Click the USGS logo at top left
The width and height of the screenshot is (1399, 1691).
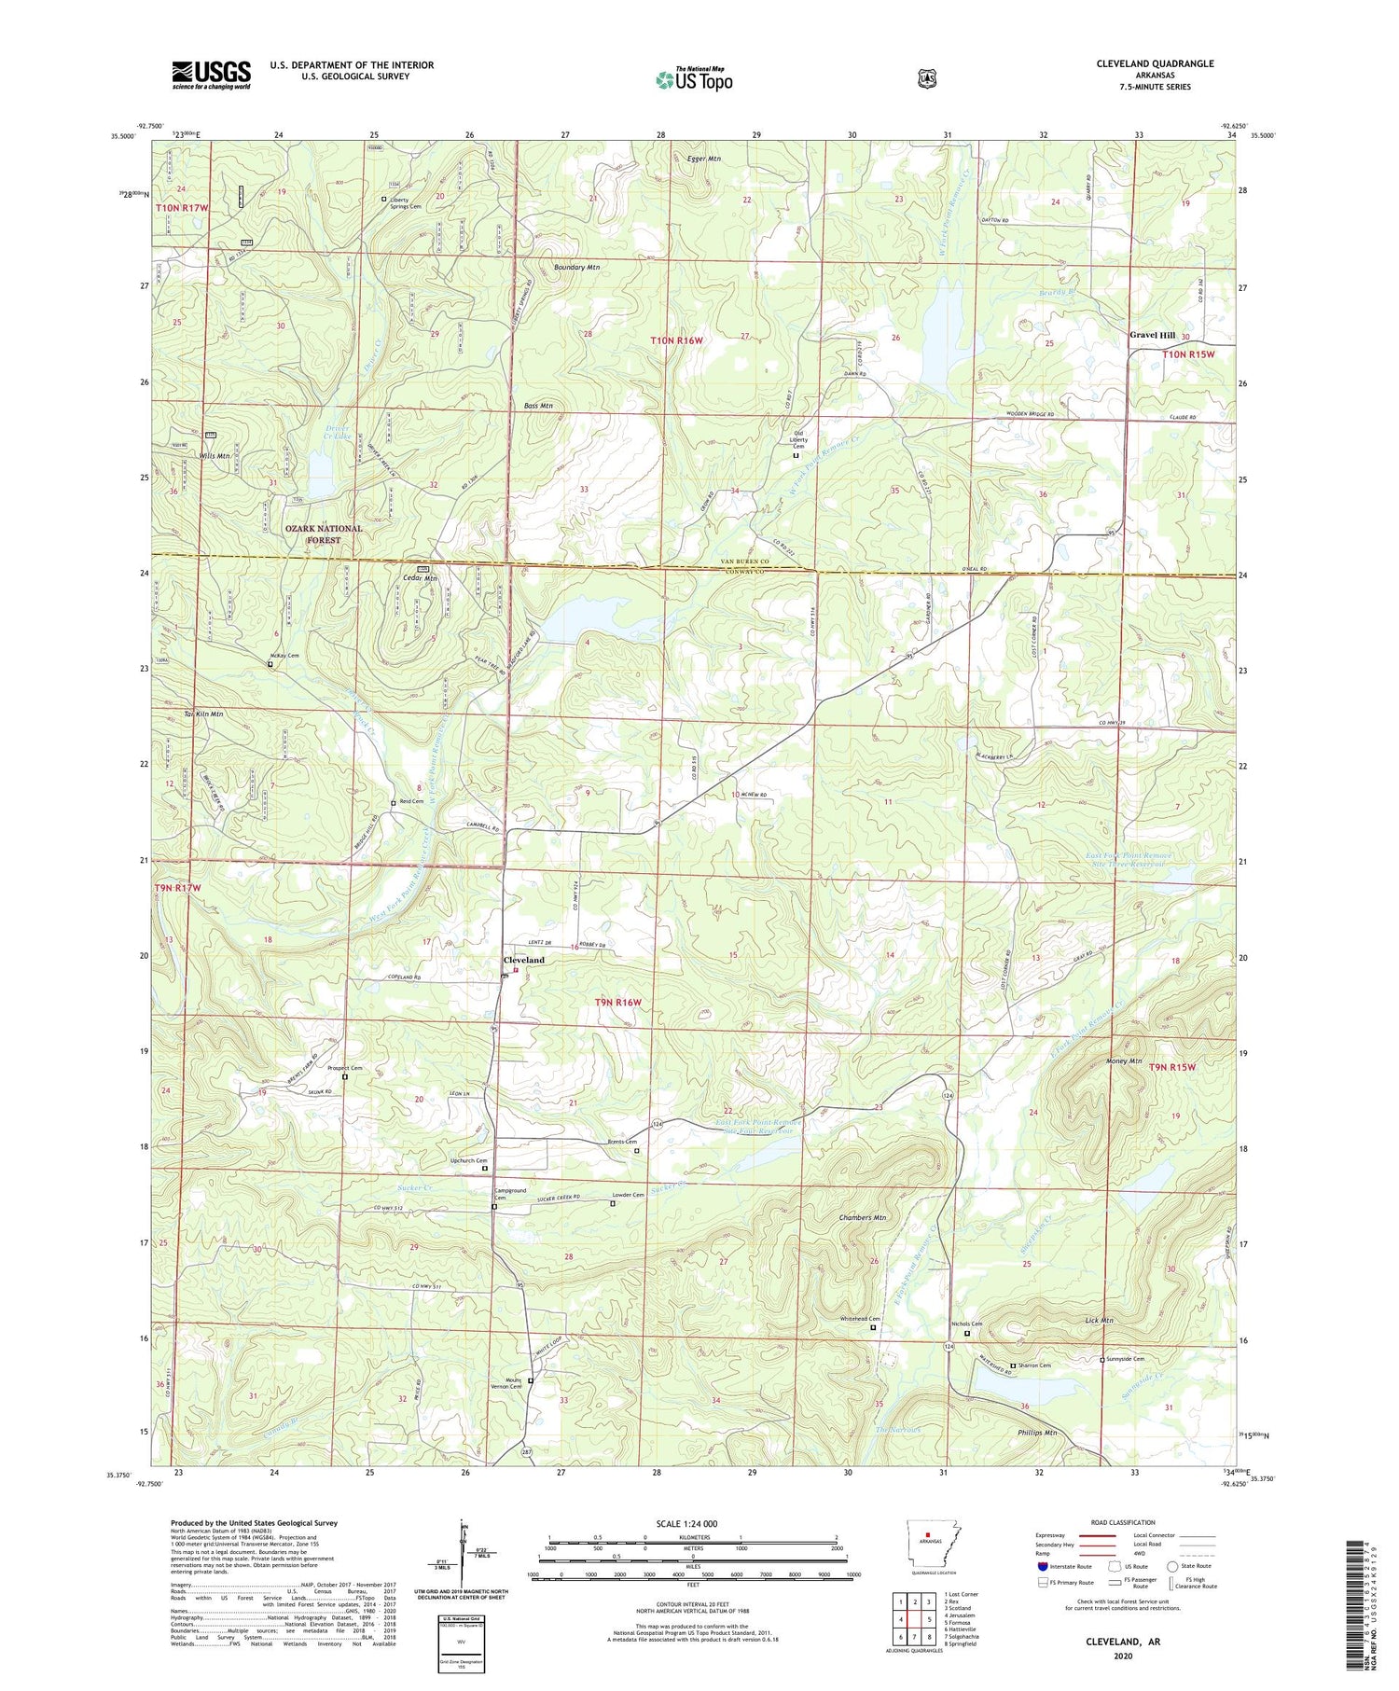point(211,75)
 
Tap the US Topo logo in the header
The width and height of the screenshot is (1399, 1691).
point(694,79)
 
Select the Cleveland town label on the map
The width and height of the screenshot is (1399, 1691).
point(523,960)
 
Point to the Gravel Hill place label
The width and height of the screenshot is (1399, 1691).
point(1153,335)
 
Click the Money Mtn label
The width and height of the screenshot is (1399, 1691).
point(1124,1061)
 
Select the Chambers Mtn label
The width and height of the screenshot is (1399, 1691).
point(862,1217)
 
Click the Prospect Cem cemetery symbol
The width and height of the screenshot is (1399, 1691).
point(344,1077)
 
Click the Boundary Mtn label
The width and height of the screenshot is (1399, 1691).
point(575,268)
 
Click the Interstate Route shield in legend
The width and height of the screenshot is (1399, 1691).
point(1042,1566)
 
